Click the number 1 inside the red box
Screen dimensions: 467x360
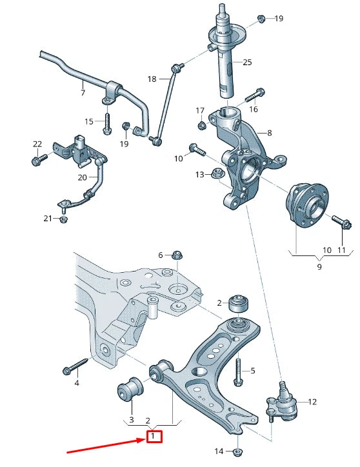tap(154, 437)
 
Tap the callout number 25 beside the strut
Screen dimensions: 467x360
tap(247, 63)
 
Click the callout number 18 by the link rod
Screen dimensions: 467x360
tap(152, 79)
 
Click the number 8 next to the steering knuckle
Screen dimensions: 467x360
tap(269, 134)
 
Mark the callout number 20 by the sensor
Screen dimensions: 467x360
tap(82, 177)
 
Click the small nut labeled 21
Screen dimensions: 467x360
tap(64, 219)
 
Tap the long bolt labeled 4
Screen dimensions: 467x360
tap(74, 368)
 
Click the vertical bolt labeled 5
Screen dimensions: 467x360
tap(238, 370)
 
